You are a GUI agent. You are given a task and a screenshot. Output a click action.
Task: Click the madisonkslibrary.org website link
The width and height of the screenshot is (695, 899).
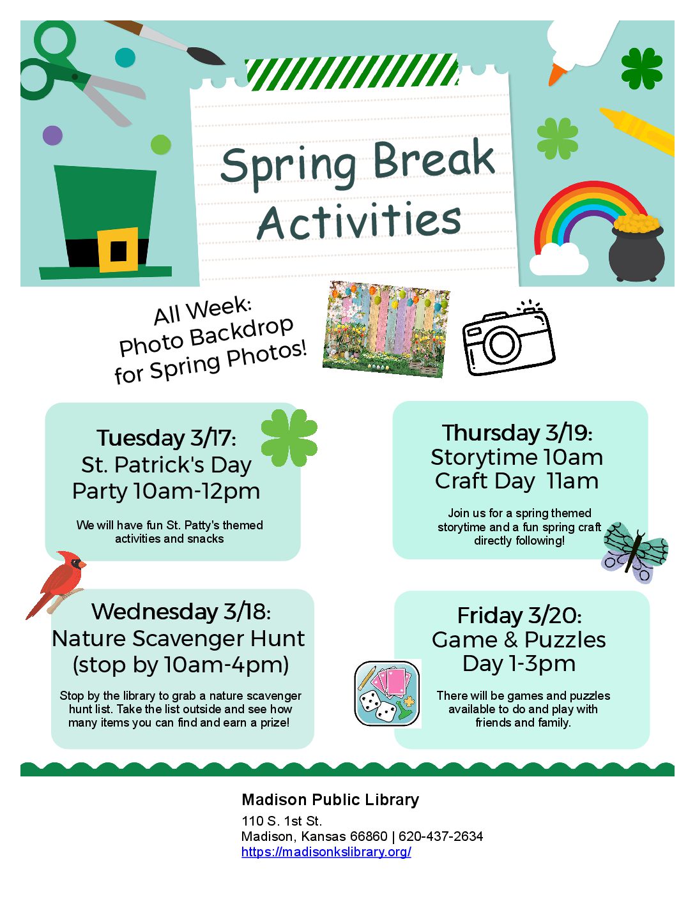point(326,852)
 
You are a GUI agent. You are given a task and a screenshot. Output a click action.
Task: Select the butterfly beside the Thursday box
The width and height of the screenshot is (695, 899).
point(634,552)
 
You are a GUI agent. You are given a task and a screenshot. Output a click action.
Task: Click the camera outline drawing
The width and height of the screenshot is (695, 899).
point(508,338)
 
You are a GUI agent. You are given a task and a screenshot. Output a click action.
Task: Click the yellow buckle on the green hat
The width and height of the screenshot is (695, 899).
point(118,250)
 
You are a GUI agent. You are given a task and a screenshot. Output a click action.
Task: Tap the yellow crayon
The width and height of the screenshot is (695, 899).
point(637,131)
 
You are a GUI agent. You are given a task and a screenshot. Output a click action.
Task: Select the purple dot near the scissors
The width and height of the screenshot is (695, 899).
point(52,135)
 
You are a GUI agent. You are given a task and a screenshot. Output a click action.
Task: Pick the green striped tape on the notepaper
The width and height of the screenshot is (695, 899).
point(352,72)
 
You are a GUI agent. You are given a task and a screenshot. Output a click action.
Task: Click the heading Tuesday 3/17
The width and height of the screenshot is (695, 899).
point(166,438)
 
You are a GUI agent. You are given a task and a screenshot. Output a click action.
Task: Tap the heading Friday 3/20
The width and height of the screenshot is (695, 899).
point(519,616)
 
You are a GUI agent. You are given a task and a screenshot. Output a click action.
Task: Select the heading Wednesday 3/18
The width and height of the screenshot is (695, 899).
point(181,612)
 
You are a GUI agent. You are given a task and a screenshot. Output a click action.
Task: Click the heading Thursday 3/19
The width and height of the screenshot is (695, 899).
point(517,433)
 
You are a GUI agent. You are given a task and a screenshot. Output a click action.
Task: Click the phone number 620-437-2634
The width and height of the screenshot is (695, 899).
point(440,836)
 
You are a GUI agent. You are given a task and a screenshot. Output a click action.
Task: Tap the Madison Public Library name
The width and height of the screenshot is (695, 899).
point(330,799)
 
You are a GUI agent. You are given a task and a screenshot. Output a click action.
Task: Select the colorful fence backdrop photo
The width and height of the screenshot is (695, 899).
point(386,329)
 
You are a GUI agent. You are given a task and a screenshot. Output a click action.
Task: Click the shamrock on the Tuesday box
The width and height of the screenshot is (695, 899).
point(289,438)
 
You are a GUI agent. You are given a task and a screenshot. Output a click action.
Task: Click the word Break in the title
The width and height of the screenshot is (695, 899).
point(434,159)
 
